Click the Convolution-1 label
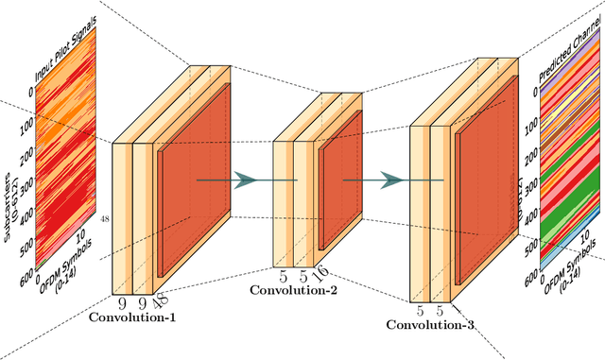point(132,317)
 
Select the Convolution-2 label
point(292,290)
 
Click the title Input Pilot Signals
point(68,58)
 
